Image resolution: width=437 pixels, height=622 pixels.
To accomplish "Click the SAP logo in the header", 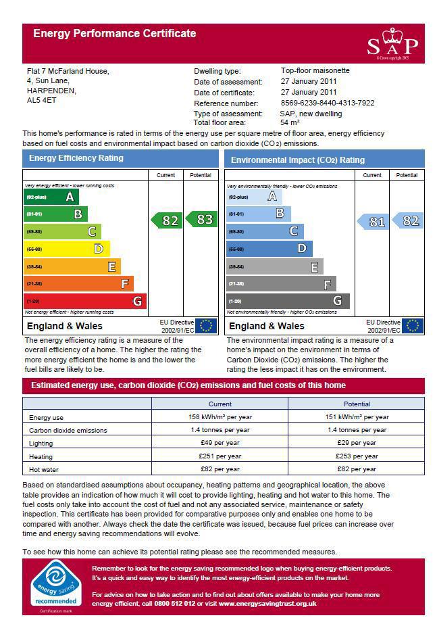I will (392, 44).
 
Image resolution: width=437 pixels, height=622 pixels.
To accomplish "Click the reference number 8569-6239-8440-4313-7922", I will (328, 103).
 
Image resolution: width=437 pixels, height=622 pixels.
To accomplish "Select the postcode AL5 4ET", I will (41, 100).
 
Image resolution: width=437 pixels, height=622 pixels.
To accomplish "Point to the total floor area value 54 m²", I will (290, 122).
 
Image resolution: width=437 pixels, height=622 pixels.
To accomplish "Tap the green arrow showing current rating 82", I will (166, 220).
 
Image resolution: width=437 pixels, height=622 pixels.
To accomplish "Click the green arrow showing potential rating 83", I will (201, 219).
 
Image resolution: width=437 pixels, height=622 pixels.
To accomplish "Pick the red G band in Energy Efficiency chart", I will (84, 301).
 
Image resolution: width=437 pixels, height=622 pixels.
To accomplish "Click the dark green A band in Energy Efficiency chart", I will (51, 197).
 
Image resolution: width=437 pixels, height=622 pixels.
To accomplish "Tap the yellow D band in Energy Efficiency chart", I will (66, 249).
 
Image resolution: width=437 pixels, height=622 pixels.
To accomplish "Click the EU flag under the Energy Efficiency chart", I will (206, 326).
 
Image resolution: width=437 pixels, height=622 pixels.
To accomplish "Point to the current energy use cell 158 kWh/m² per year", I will (220, 417).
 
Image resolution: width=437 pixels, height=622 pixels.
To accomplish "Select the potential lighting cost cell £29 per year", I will (357, 443).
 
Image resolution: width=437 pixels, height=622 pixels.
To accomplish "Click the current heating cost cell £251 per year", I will (220, 456).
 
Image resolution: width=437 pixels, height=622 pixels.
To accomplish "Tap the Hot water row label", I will (43, 469).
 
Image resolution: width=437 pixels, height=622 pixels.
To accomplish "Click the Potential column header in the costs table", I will (357, 404).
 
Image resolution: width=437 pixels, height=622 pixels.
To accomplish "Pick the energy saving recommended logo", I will (57, 585).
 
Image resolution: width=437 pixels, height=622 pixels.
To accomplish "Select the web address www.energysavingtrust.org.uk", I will (267, 603).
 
